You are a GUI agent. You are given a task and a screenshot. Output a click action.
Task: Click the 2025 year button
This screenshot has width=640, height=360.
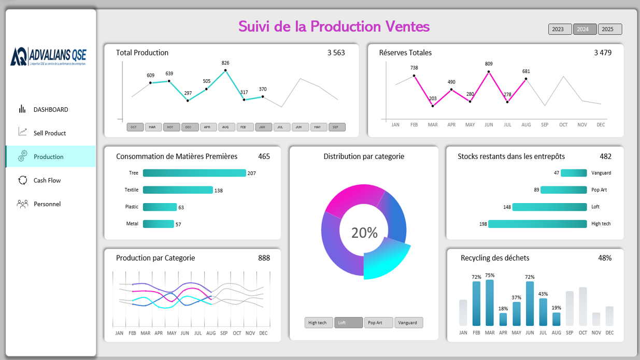click(x=610, y=30)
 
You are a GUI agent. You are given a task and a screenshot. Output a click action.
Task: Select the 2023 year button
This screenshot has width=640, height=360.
click(x=560, y=30)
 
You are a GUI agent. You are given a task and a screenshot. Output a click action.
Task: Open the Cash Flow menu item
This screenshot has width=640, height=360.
click(x=47, y=180)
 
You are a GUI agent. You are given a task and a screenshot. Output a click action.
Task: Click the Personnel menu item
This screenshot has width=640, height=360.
click(x=47, y=204)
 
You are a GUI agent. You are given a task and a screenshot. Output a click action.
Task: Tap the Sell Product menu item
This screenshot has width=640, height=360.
click(x=49, y=133)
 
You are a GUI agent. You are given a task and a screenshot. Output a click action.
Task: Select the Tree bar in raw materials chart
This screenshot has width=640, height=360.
click(x=194, y=173)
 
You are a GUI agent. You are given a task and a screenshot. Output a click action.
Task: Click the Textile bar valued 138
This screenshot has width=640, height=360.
click(x=178, y=190)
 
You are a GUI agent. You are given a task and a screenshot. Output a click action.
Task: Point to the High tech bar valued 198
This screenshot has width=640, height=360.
click(x=537, y=224)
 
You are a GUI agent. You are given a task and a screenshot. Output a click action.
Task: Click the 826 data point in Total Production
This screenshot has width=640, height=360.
click(x=225, y=70)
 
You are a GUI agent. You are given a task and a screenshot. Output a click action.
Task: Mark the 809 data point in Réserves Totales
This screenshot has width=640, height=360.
click(x=489, y=72)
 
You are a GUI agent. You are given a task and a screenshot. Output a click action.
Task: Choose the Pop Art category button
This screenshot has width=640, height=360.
click(x=378, y=323)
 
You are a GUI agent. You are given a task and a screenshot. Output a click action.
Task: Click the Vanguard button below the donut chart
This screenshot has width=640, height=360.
click(x=408, y=323)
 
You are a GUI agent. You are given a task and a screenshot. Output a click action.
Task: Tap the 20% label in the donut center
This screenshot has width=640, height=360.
click(x=364, y=233)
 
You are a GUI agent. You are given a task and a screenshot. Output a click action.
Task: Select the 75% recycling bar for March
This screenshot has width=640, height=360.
click(x=490, y=303)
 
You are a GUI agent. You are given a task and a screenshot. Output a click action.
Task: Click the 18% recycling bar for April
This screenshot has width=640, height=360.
click(x=503, y=319)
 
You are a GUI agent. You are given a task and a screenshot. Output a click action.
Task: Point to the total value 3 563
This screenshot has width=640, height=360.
click(x=336, y=53)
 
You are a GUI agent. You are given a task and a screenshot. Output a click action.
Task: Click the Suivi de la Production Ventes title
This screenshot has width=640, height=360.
click(x=334, y=26)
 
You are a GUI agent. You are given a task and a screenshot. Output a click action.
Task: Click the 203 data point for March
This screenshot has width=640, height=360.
click(x=433, y=106)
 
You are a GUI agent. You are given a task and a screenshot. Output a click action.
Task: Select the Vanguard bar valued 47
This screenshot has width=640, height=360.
click(x=574, y=173)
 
